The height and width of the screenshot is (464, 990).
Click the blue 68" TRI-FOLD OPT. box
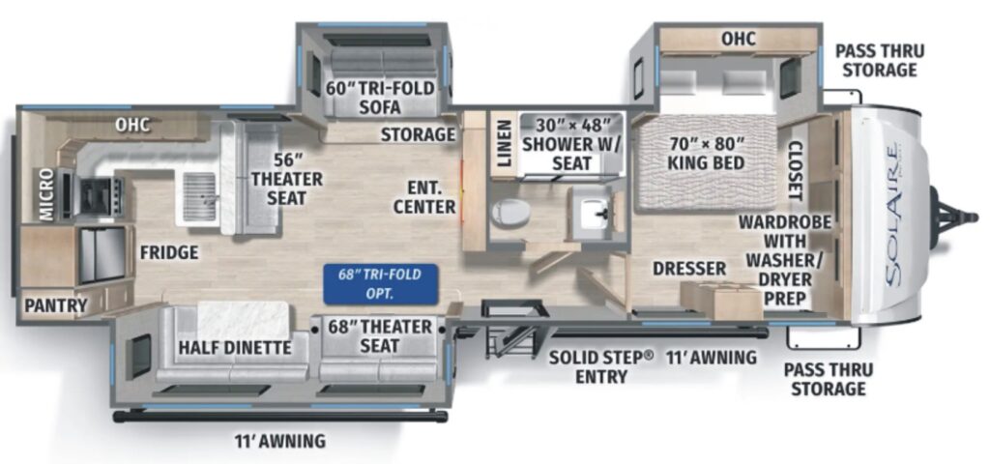[380, 281]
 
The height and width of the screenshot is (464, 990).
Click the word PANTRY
[55, 305]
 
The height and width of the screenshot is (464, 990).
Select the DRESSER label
[688, 267]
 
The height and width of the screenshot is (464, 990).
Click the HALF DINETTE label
[236, 348]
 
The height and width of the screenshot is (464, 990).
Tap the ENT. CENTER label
[424, 195]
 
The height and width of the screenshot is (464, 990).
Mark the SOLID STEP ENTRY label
[601, 366]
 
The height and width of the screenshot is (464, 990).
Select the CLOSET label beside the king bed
[795, 170]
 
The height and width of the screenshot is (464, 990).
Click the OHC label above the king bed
[738, 39]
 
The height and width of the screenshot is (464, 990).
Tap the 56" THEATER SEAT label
[278, 179]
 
